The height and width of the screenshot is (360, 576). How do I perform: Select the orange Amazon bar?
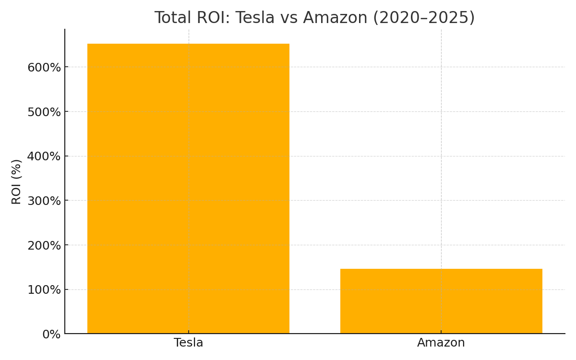point(441,301)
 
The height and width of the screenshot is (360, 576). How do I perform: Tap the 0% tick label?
point(51,335)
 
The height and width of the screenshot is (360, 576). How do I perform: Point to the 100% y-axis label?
point(44,290)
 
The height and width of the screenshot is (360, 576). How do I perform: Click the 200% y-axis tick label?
point(44,245)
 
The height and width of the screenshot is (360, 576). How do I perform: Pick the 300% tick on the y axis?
point(44,201)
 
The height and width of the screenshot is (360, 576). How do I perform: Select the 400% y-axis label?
point(44,156)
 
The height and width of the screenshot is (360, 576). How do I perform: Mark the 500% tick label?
point(44,112)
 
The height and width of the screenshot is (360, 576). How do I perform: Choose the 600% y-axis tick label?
point(44,67)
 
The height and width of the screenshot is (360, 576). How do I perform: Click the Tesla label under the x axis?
point(188,343)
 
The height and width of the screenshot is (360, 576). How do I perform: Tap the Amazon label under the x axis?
point(441,343)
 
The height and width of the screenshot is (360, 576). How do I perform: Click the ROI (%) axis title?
point(17,181)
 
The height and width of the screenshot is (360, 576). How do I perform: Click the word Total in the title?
point(173,18)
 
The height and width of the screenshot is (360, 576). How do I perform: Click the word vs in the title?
point(290,18)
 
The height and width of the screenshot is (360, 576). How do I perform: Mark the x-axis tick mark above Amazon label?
point(441,336)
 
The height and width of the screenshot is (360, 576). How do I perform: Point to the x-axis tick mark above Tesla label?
point(189,336)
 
